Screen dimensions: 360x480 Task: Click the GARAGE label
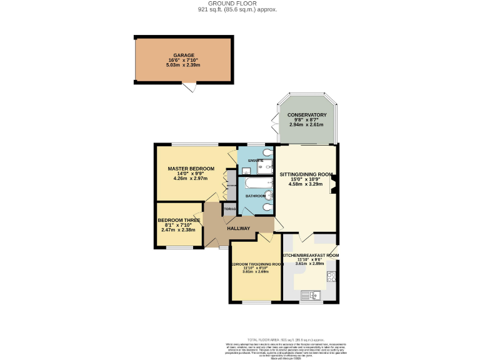pyautogui.click(x=184, y=55)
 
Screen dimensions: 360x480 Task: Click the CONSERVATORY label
pyautogui.click(x=307, y=115)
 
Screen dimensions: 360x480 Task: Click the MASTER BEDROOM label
pyautogui.click(x=191, y=169)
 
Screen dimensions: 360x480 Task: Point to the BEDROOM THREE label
pyautogui.click(x=179, y=221)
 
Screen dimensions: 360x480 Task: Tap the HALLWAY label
pyautogui.click(x=239, y=229)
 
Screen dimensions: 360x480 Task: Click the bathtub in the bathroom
pyautogui.click(x=254, y=184)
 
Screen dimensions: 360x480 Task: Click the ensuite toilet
pyautogui.click(x=268, y=152)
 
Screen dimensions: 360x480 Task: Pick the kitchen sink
pyautogui.click(x=311, y=295)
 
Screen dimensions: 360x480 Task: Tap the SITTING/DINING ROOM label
pyautogui.click(x=306, y=174)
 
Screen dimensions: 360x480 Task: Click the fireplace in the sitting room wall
pyautogui.click(x=335, y=182)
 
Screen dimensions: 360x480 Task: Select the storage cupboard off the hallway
pyautogui.click(x=230, y=209)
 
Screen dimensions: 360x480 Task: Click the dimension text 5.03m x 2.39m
pyautogui.click(x=184, y=65)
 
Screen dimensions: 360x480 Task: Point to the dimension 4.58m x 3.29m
pyautogui.click(x=306, y=185)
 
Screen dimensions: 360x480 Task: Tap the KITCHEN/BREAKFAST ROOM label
pyautogui.click(x=310, y=256)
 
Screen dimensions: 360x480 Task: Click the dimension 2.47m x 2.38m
pyautogui.click(x=179, y=230)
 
